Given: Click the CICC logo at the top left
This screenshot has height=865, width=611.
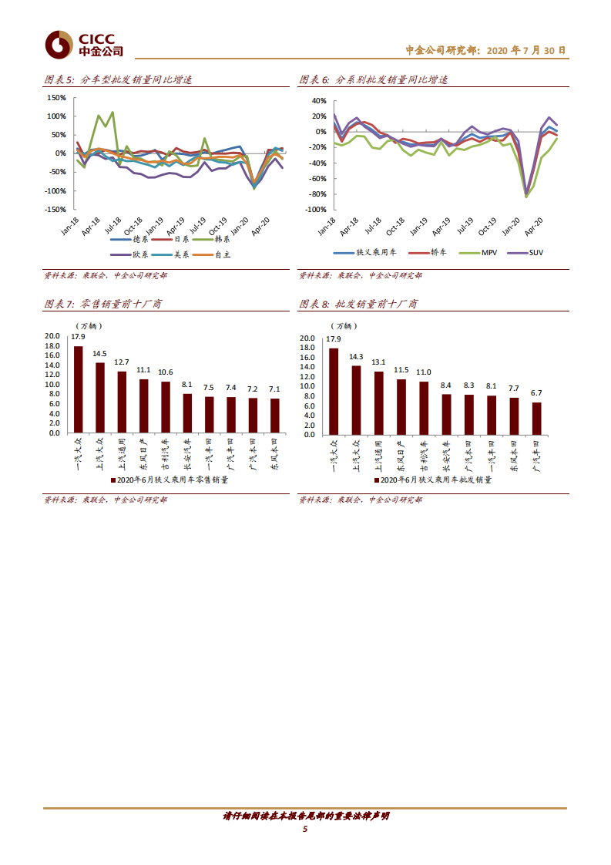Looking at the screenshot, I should (x=83, y=45).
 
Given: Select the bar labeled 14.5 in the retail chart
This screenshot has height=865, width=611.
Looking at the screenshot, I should (x=100, y=398).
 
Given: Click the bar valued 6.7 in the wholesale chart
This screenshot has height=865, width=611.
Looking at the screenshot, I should (x=537, y=419).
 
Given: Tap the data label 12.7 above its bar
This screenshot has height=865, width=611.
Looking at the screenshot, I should (x=122, y=362).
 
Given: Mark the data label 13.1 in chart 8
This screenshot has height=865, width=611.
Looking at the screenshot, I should (x=378, y=362).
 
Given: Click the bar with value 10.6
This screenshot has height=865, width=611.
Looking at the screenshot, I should (x=166, y=407).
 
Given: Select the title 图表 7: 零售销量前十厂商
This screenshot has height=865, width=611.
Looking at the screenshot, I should (x=102, y=305).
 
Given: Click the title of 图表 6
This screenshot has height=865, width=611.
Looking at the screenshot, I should (x=373, y=80).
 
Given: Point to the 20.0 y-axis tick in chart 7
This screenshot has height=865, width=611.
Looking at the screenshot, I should (x=52, y=336).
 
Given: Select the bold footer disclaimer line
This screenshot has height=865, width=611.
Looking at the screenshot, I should (x=305, y=816).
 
